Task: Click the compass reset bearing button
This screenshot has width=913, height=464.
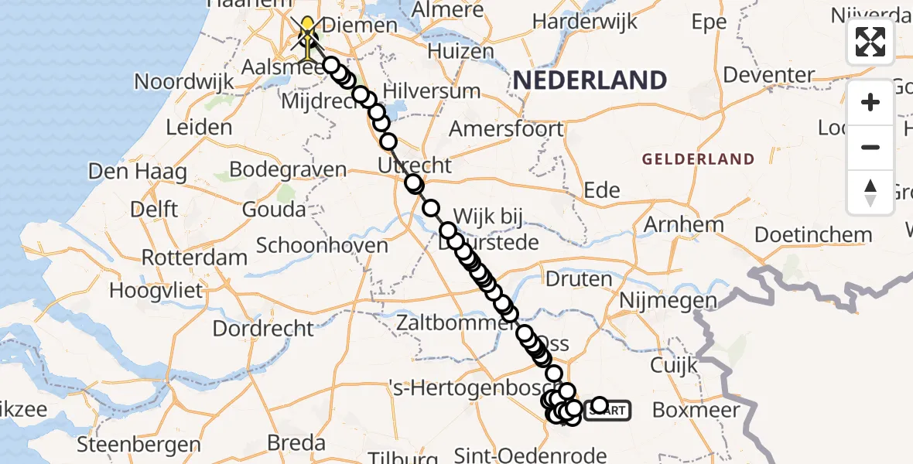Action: tap(870, 193)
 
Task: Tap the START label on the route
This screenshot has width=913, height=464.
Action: tap(608, 411)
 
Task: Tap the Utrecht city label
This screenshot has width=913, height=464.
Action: tap(414, 165)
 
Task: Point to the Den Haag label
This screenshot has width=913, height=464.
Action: tap(137, 171)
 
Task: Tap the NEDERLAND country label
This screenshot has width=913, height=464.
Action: tap(590, 80)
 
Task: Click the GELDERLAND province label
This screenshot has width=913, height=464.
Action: tap(698, 159)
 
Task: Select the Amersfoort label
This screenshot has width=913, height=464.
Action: tap(506, 128)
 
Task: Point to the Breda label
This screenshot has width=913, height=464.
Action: tap(296, 443)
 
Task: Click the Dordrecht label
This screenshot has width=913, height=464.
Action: tap(263, 328)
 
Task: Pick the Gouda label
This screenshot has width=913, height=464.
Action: tap(274, 210)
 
